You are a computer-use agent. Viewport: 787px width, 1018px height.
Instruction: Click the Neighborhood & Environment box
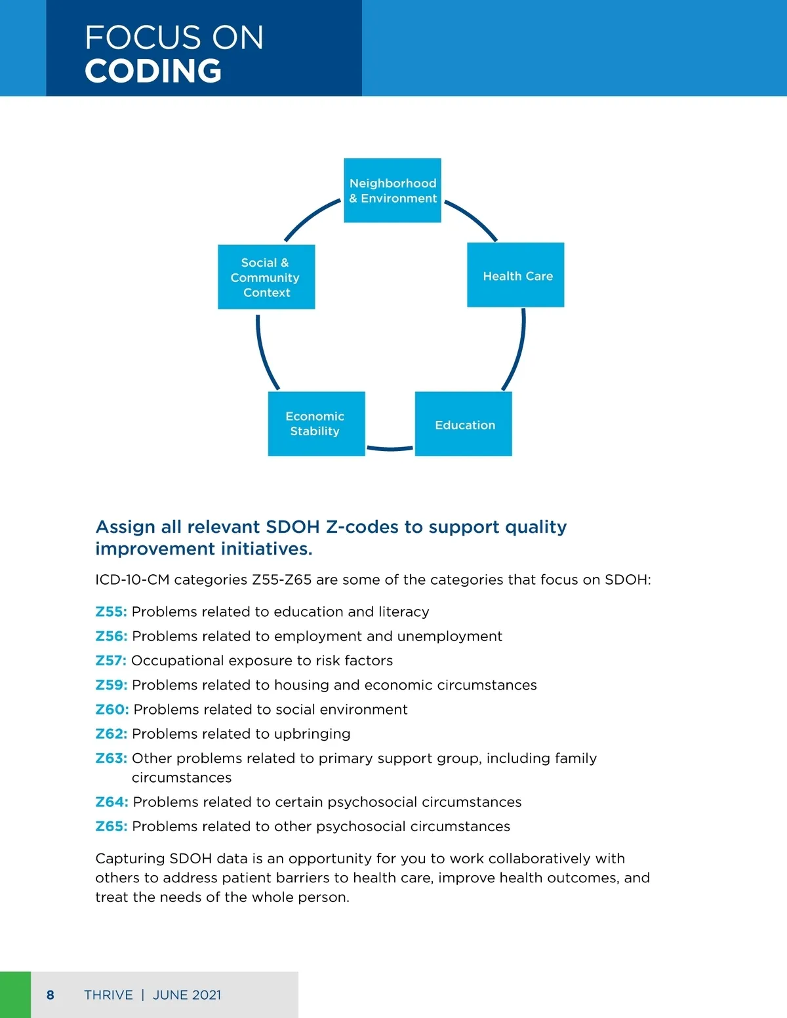392,190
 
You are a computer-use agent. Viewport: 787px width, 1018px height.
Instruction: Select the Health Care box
515,275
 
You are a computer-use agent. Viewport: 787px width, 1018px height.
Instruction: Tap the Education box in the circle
464,424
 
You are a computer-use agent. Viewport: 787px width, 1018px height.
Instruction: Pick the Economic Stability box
316,423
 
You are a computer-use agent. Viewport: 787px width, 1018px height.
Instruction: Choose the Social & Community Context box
266,277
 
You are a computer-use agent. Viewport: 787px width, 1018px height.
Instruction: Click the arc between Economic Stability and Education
390,449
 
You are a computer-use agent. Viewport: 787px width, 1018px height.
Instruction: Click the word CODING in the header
153,71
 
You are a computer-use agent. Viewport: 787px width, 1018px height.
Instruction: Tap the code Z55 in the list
111,612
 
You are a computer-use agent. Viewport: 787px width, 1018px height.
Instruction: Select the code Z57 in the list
111,661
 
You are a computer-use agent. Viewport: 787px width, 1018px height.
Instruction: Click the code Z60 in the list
111,709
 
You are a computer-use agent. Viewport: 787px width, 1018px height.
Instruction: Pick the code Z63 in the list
111,758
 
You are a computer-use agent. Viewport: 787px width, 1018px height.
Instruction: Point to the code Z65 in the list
111,827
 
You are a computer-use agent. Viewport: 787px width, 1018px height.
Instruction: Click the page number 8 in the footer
50,995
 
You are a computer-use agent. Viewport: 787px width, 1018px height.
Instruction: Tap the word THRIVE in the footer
108,995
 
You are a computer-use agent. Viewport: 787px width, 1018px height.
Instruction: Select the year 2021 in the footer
207,995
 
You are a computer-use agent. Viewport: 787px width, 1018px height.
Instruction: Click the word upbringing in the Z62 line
312,734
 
